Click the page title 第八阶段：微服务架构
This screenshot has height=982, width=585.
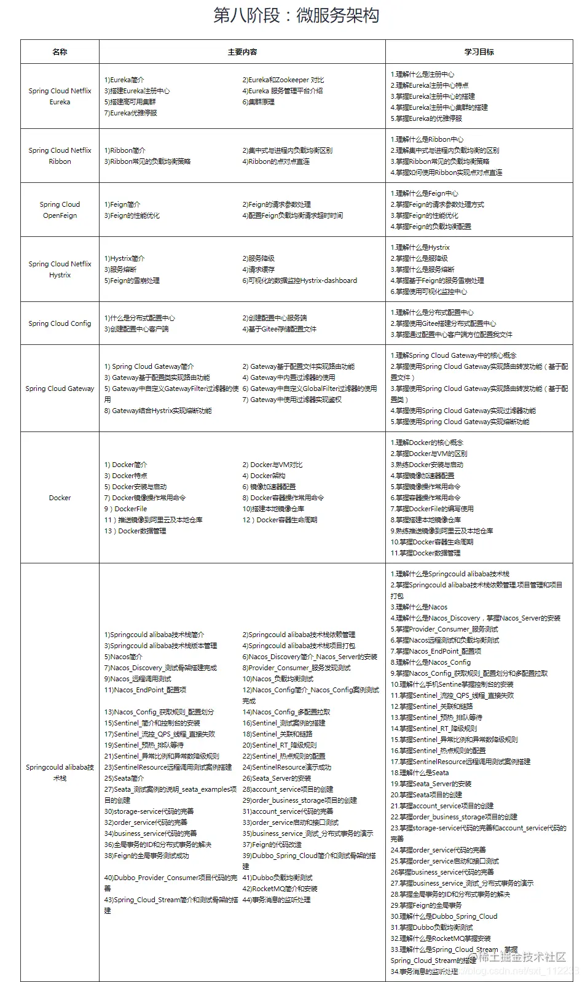[x=296, y=15]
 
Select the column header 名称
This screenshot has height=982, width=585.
[x=60, y=52]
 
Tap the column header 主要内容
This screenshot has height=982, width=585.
[x=242, y=52]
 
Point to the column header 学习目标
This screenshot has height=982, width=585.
[x=479, y=52]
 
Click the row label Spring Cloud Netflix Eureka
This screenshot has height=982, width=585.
[x=60, y=96]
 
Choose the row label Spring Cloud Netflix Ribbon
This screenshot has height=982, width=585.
[x=60, y=156]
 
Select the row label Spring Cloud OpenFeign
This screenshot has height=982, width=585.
[x=60, y=210]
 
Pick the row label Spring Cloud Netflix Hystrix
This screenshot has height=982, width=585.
[x=60, y=269]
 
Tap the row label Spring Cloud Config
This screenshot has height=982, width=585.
[x=60, y=323]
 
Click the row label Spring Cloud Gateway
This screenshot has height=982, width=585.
[x=60, y=389]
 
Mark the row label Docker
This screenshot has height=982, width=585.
[x=60, y=498]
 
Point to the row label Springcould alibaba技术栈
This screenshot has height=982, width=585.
[x=60, y=773]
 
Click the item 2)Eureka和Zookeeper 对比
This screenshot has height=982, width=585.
[x=283, y=80]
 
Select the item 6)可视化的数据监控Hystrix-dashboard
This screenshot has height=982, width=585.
[x=299, y=280]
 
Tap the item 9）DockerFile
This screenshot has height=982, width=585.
[x=126, y=509]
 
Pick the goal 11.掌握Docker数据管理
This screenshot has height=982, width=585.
[x=425, y=553]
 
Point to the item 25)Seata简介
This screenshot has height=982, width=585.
[x=124, y=778]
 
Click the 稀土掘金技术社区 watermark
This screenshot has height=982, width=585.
[x=522, y=957]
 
